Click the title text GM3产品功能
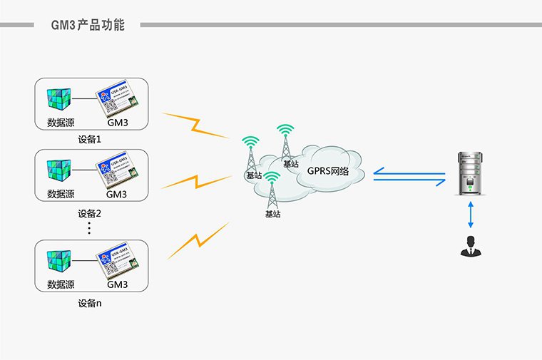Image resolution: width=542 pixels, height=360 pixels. click(88, 26)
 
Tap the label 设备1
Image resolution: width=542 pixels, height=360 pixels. click(91, 139)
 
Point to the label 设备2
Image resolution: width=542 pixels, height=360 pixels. click(91, 212)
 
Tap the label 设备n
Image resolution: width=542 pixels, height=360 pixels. click(91, 303)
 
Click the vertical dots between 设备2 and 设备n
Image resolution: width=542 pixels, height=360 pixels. click(90, 228)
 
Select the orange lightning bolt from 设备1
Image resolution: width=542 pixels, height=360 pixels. click(195, 125)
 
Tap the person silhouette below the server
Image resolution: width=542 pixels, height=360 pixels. click(470, 246)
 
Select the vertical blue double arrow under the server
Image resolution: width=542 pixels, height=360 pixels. click(470, 215)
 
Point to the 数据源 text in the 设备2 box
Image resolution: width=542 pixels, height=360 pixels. click(61, 194)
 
